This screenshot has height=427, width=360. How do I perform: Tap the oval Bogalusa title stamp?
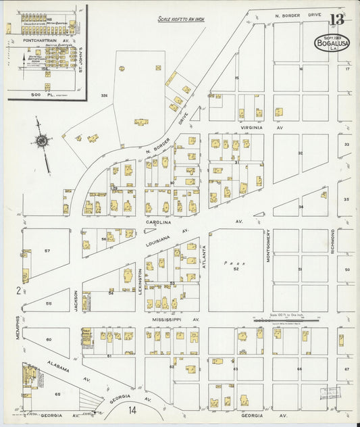(332, 43)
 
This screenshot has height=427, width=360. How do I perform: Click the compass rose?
(43, 141)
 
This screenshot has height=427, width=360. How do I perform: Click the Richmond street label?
(333, 241)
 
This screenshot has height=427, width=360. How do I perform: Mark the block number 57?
(47, 251)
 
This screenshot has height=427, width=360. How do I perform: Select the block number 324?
(104, 95)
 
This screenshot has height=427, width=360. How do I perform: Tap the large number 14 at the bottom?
(133, 409)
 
